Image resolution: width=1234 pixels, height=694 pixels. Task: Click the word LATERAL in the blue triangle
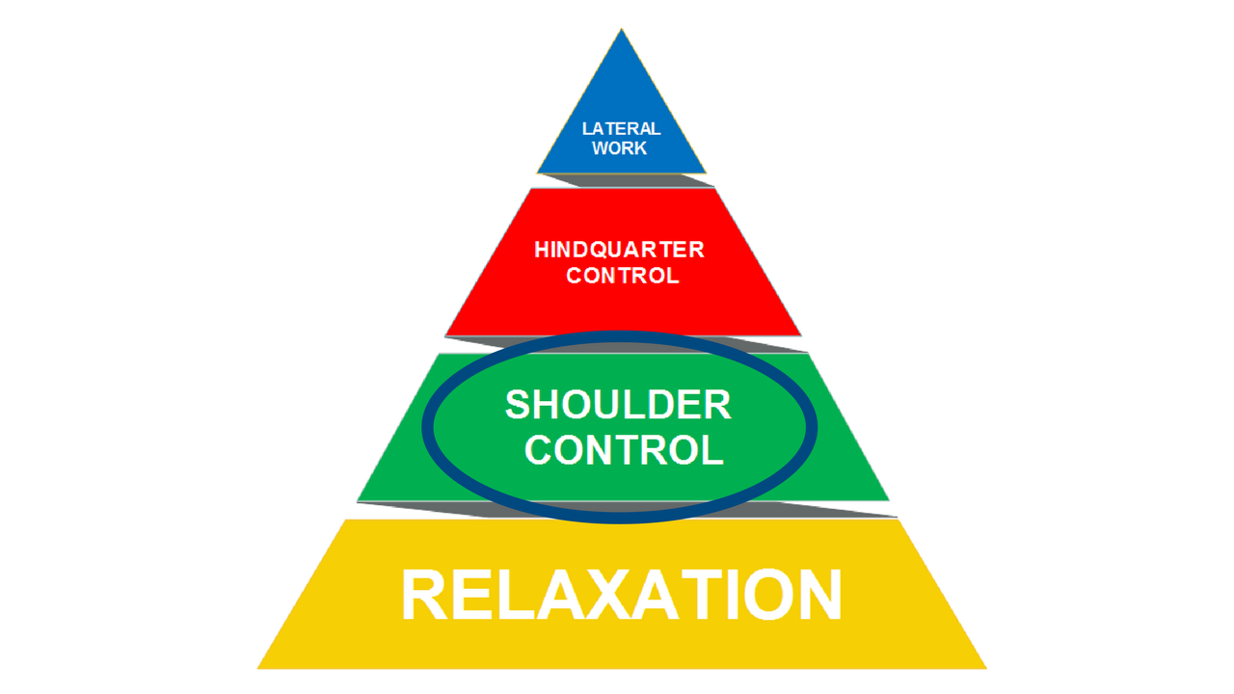point(621,128)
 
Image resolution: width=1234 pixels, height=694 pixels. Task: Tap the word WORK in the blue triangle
point(620,148)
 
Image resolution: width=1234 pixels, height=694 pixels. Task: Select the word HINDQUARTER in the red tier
point(620,251)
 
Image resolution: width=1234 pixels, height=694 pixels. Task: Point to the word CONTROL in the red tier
point(623,276)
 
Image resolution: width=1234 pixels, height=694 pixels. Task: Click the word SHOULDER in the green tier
point(618,406)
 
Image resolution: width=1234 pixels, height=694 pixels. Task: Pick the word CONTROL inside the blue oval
point(624,450)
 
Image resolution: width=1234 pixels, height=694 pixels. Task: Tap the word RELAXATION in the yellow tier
point(622,596)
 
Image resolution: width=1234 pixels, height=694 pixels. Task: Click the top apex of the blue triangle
point(622,29)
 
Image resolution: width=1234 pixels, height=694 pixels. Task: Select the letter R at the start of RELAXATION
point(422,596)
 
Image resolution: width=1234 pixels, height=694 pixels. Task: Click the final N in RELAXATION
point(818,596)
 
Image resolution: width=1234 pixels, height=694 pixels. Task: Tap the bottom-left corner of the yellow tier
point(257,668)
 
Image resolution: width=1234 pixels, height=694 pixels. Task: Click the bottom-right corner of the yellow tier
point(986,668)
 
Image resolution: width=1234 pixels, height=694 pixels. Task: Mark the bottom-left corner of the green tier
point(358,500)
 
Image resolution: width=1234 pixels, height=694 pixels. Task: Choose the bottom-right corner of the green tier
point(888,499)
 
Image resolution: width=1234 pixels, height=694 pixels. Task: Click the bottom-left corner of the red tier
point(445,335)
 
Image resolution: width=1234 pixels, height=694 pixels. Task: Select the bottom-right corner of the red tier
point(801,334)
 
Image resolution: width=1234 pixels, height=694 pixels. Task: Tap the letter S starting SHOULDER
point(518,406)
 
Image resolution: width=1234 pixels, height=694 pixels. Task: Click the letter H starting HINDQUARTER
point(542,251)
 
